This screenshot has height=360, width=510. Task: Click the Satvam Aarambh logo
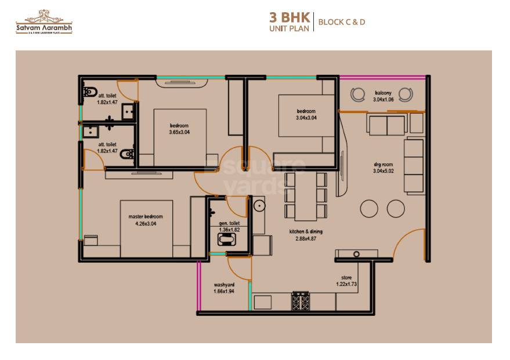coord(44,22)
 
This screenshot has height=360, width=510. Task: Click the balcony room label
coord(383,93)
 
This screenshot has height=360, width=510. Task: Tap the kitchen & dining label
coord(306,231)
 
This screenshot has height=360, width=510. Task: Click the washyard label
coord(223,285)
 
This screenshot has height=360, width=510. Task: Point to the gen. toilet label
coord(229,223)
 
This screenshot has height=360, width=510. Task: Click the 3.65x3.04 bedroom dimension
coord(179,132)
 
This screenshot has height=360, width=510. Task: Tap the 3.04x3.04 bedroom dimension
coord(306,118)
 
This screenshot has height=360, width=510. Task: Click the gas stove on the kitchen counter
coord(300,301)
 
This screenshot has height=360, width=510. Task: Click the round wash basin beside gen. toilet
coord(258,205)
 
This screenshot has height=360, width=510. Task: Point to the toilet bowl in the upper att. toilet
coord(89,92)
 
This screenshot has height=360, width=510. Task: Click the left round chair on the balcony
coord(356,93)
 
